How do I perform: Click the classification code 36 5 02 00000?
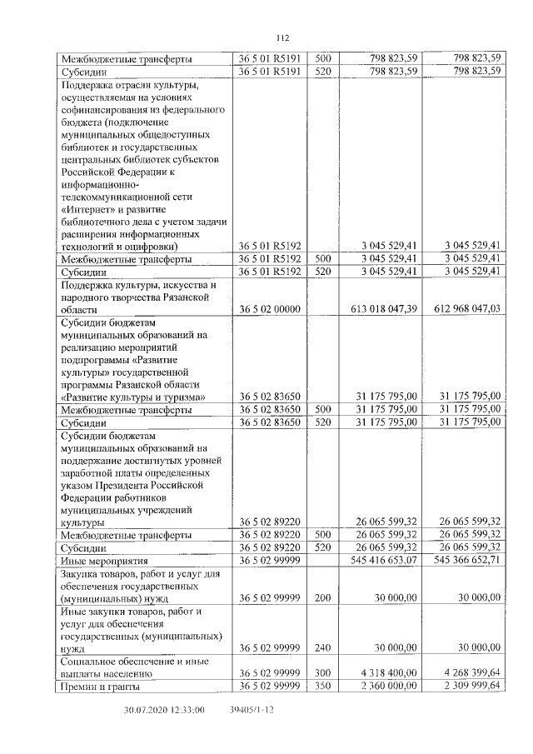269,308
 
